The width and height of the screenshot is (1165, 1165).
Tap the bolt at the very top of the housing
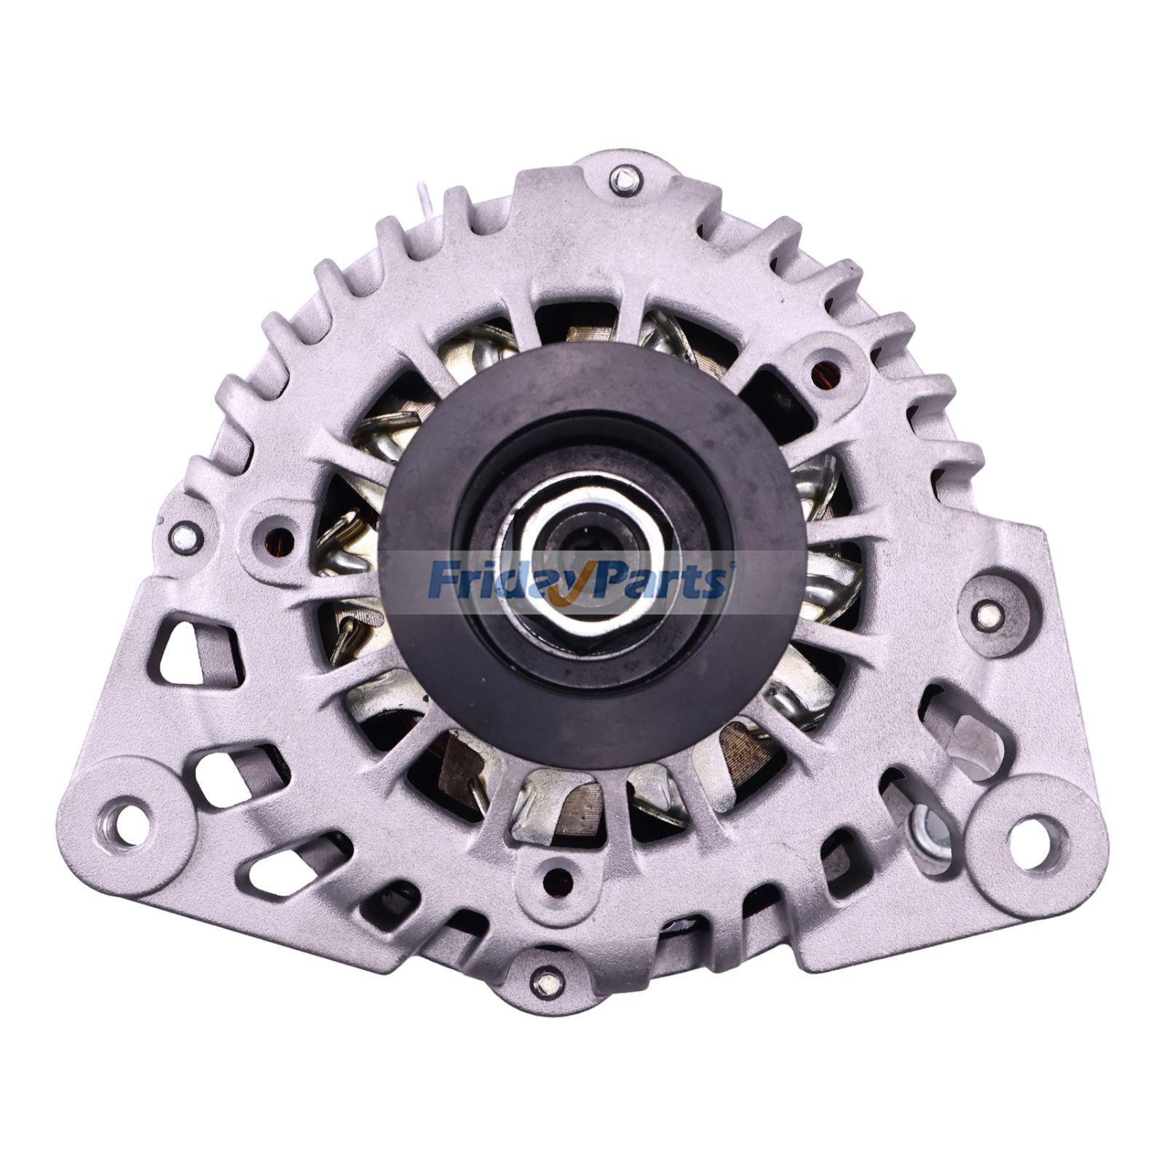(x=625, y=179)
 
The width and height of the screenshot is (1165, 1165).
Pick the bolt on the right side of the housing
(x=987, y=616)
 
